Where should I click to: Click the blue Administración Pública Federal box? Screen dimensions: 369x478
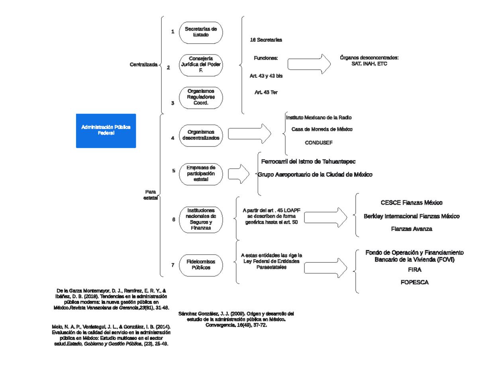click(106, 131)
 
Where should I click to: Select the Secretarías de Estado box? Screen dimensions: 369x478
click(201, 32)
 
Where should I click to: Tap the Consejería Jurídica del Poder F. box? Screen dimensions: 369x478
click(201, 65)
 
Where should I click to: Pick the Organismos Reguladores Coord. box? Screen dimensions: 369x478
click(201, 97)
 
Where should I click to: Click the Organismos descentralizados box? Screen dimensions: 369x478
click(201, 135)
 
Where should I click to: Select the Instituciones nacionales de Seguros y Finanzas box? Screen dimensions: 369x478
click(201, 219)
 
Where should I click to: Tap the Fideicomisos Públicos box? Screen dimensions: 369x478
click(201, 265)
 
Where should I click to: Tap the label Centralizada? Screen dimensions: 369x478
click(143, 64)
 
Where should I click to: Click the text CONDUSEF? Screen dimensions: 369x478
click(319, 142)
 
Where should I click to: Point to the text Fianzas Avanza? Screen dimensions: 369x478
click(411, 229)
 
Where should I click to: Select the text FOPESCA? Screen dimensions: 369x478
click(415, 282)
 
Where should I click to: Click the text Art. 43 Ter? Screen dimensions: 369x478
click(266, 92)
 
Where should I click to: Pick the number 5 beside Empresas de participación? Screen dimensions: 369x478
click(174, 171)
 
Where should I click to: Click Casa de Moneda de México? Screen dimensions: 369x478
click(322, 129)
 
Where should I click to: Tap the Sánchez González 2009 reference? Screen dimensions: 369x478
click(236, 319)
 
